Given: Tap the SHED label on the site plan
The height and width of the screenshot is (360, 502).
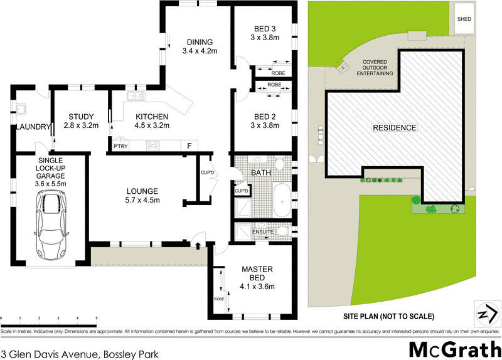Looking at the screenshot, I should [464, 19].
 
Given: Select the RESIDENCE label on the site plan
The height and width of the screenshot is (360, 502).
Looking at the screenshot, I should [395, 128].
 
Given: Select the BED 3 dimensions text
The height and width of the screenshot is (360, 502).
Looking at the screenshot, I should [264, 38].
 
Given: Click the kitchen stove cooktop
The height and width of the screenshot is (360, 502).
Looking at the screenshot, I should [154, 146].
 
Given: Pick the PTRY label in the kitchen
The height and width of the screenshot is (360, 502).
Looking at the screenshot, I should [120, 146].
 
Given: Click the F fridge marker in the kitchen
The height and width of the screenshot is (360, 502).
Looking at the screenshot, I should [189, 146].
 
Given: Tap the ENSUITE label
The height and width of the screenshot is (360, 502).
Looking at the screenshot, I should [263, 232].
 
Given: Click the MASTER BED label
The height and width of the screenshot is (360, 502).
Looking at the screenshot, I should [258, 274].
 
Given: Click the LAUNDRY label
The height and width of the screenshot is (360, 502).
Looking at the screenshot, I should [33, 127].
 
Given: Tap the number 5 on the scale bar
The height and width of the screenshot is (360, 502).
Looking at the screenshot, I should [96, 319].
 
